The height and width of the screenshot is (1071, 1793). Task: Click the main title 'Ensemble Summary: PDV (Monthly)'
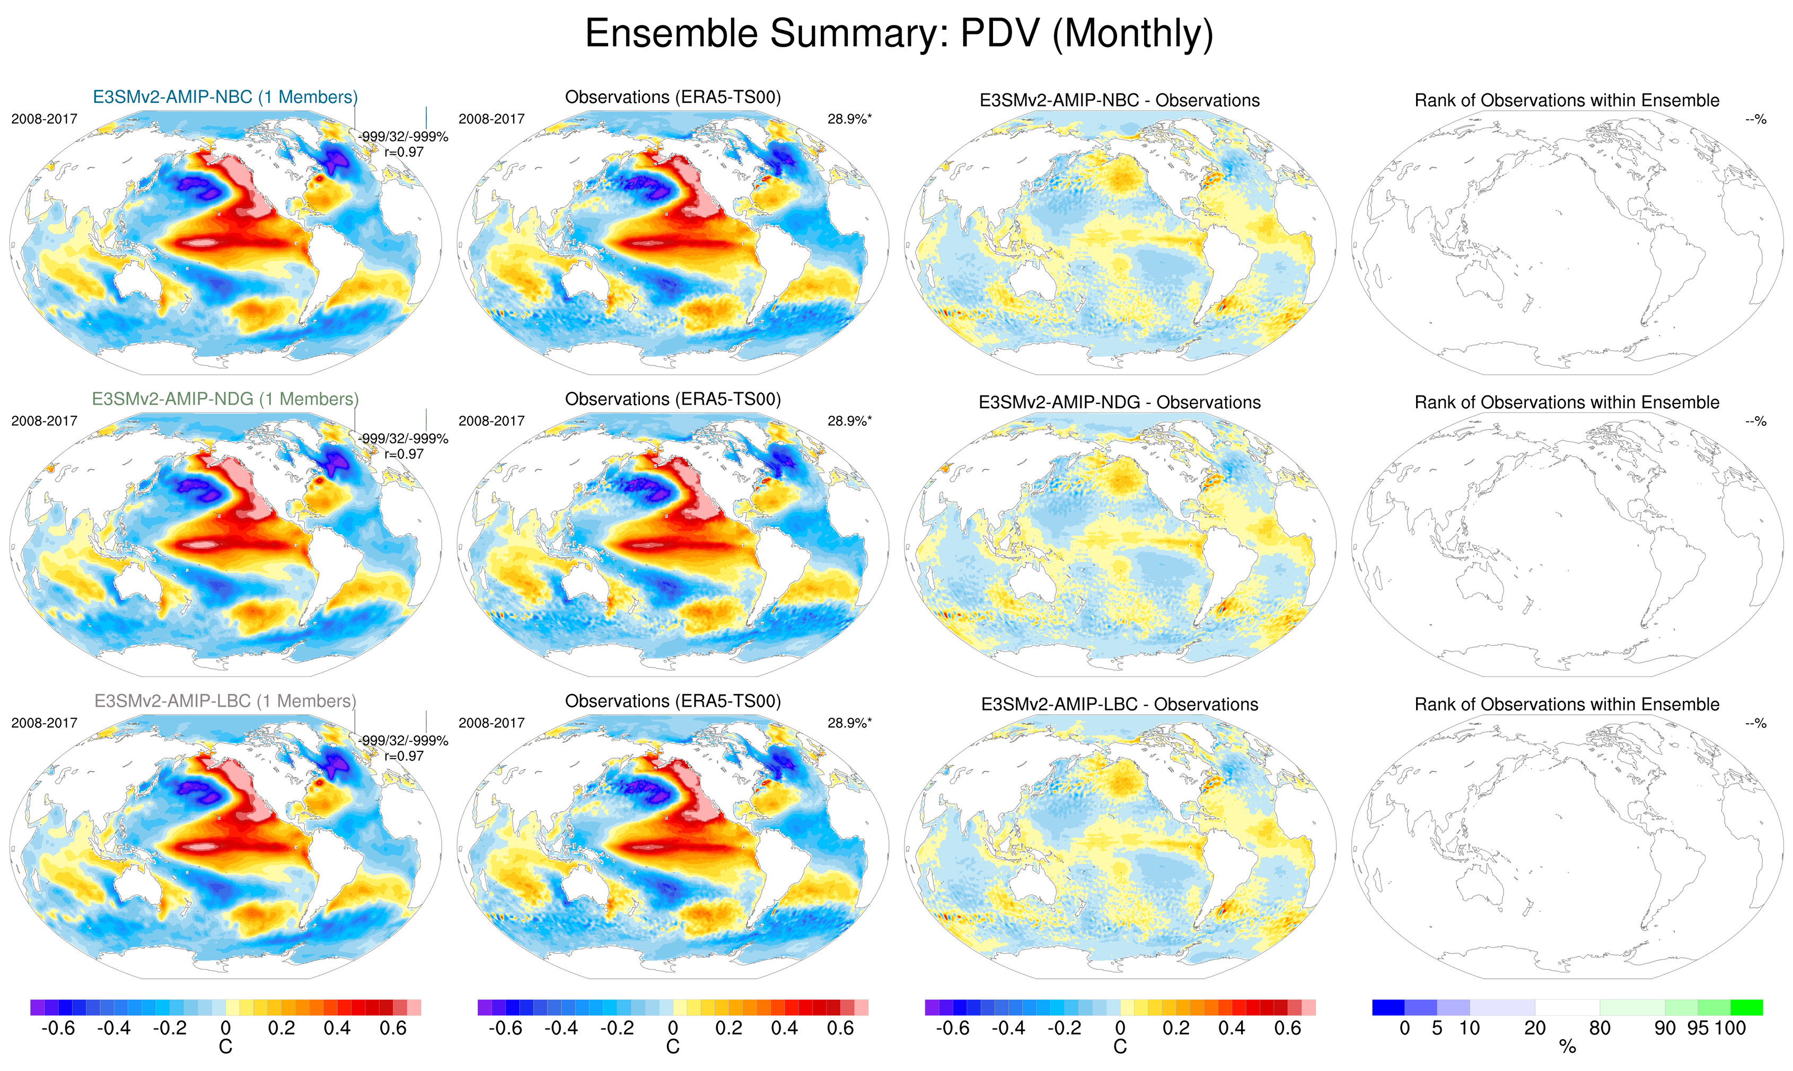pyautogui.click(x=898, y=33)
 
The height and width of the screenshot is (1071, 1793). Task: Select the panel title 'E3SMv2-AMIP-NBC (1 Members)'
pyautogui.click(x=225, y=96)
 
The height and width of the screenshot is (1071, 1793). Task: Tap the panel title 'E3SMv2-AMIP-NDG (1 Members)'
pyautogui.click(x=225, y=399)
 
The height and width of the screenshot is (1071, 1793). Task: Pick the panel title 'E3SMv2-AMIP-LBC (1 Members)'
pyautogui.click(x=225, y=701)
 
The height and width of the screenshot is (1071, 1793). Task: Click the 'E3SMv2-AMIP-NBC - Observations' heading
pyautogui.click(x=1119, y=100)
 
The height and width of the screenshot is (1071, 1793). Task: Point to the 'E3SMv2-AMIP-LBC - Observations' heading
pyautogui.click(x=1119, y=705)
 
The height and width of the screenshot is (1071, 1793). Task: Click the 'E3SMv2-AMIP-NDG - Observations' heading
pyautogui.click(x=1119, y=403)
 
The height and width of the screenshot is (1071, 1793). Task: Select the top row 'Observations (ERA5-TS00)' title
pyautogui.click(x=672, y=96)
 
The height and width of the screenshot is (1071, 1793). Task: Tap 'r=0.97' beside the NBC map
pyautogui.click(x=404, y=152)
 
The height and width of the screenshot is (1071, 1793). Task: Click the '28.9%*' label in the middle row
pyautogui.click(x=849, y=421)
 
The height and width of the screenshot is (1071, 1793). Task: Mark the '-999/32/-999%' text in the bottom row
pyautogui.click(x=403, y=741)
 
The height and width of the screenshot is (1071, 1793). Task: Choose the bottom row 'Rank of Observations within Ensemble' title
pyautogui.click(x=1567, y=705)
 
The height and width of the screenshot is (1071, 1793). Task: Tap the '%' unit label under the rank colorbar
pyautogui.click(x=1567, y=1047)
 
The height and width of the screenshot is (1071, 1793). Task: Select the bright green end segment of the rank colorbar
pyautogui.click(x=1746, y=1007)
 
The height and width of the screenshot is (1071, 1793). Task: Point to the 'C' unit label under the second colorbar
pyautogui.click(x=672, y=1047)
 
